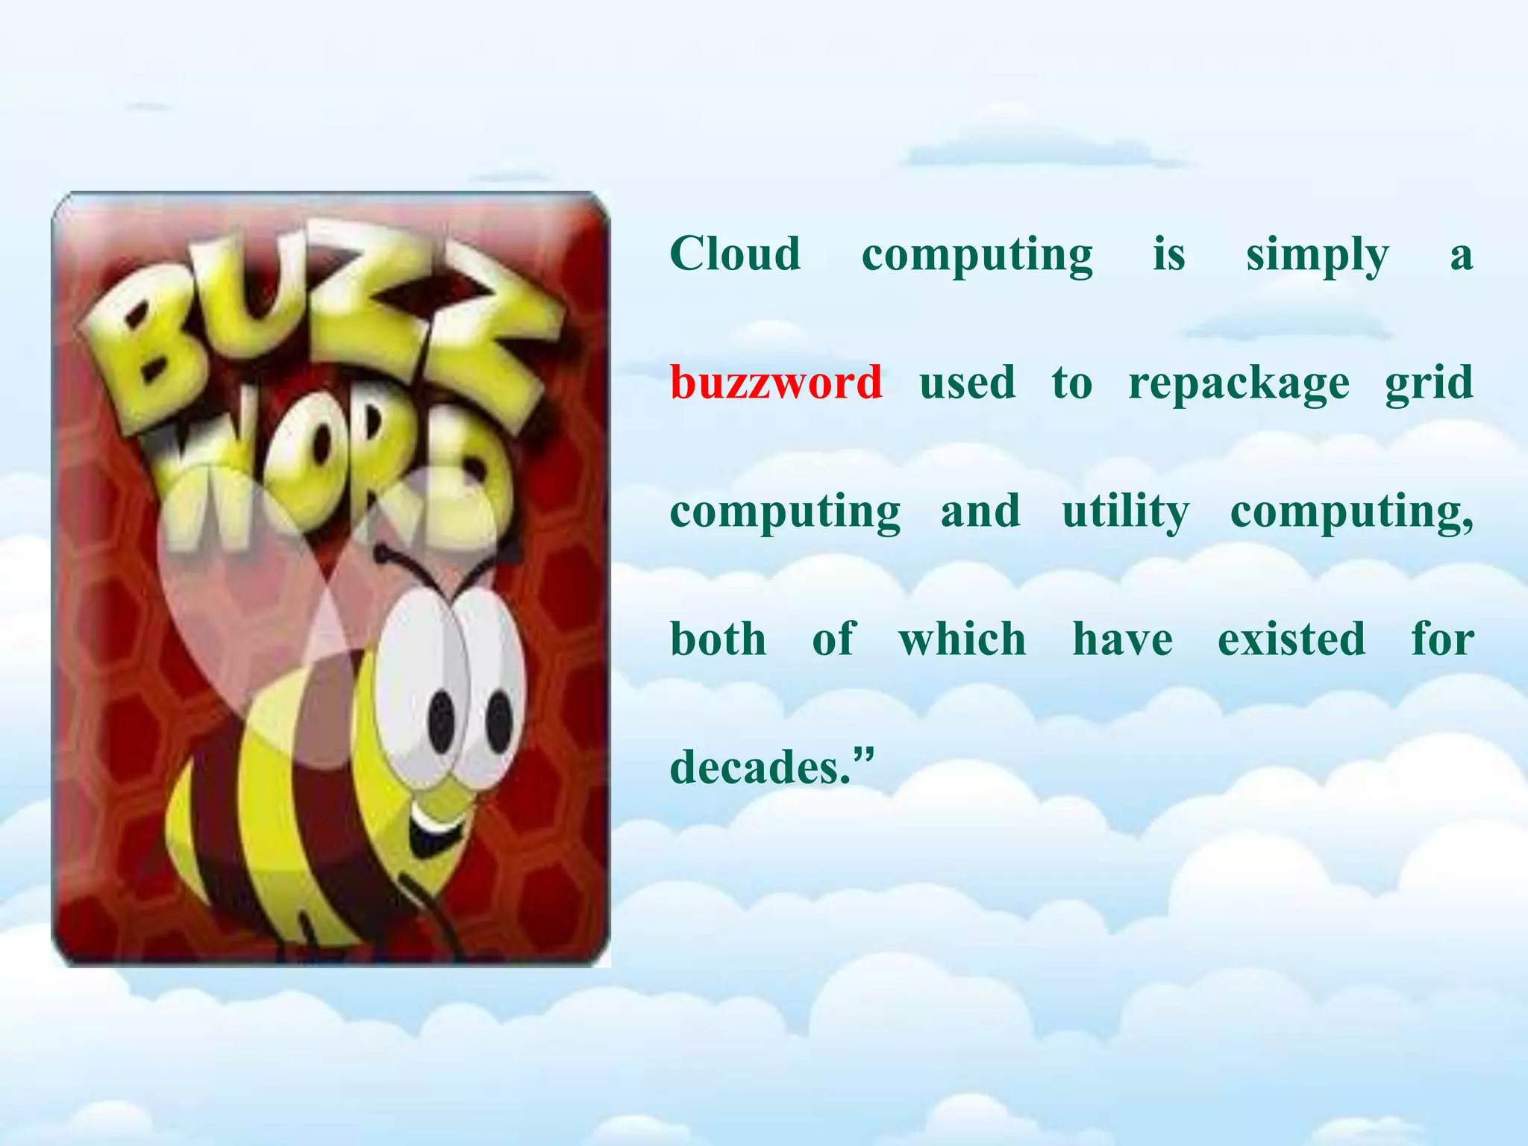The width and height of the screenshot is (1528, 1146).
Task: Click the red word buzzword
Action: click(776, 383)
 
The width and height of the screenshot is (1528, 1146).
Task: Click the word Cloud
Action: click(735, 254)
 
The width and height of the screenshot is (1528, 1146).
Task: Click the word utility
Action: click(1126, 513)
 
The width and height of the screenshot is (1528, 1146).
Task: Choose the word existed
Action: click(1291, 639)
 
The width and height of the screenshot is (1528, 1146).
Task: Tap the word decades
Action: click(760, 768)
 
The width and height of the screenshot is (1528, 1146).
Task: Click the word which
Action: click(962, 639)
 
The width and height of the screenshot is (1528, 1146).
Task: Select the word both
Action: click(718, 639)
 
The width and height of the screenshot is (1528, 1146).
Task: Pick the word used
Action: click(967, 383)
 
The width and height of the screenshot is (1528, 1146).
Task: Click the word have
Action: click(1122, 639)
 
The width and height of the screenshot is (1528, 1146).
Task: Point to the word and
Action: click(980, 511)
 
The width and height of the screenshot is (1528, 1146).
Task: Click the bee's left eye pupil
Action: click(442, 721)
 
